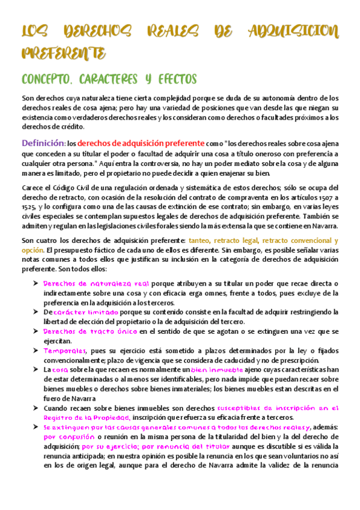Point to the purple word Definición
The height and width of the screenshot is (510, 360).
click(42, 144)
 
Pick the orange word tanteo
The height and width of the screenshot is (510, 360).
click(201, 241)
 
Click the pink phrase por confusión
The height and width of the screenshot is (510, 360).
click(69, 437)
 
